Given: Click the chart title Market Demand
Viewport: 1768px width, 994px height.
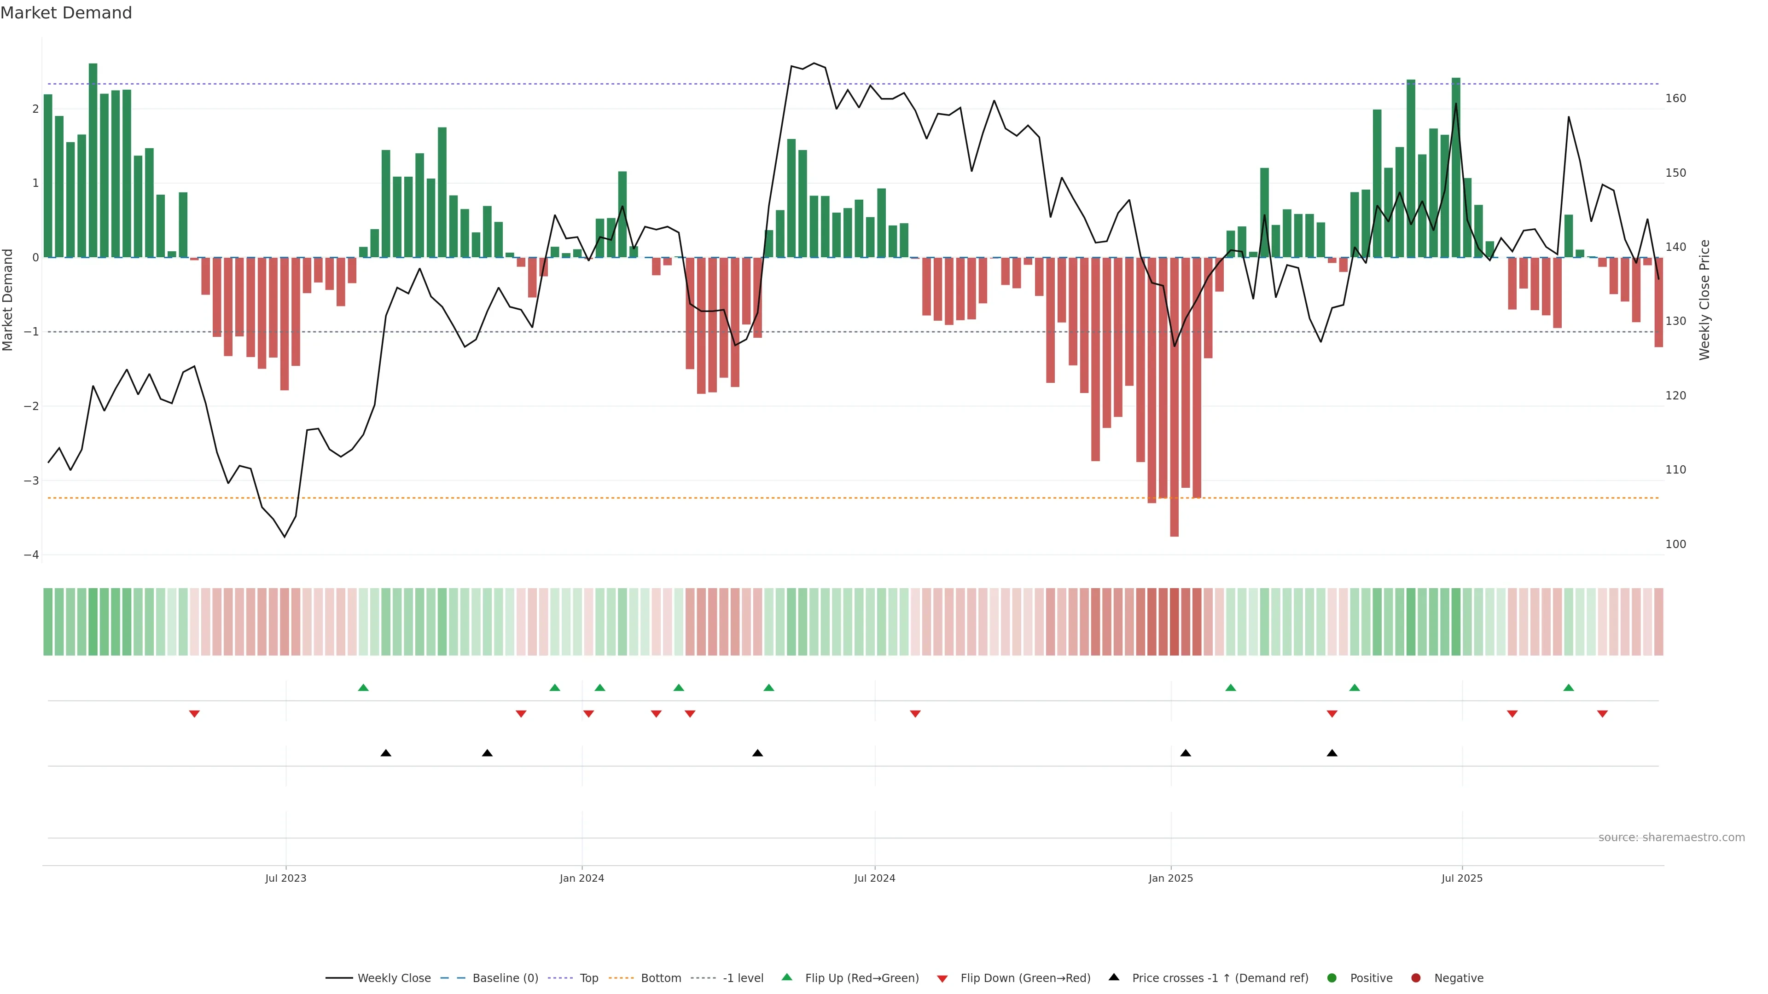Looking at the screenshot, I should point(66,13).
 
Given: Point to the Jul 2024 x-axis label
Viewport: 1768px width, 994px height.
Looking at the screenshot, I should point(874,878).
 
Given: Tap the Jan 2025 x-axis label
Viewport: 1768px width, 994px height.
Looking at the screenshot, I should point(1170,878).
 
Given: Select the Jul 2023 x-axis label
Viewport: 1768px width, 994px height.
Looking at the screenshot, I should point(285,878).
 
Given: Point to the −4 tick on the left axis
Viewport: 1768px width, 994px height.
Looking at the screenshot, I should point(31,555).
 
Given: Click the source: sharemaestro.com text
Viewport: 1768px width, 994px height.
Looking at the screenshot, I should point(1671,838).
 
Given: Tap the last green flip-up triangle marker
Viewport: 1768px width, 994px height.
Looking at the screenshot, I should point(1568,688).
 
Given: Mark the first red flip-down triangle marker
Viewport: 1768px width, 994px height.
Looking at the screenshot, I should point(194,714).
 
